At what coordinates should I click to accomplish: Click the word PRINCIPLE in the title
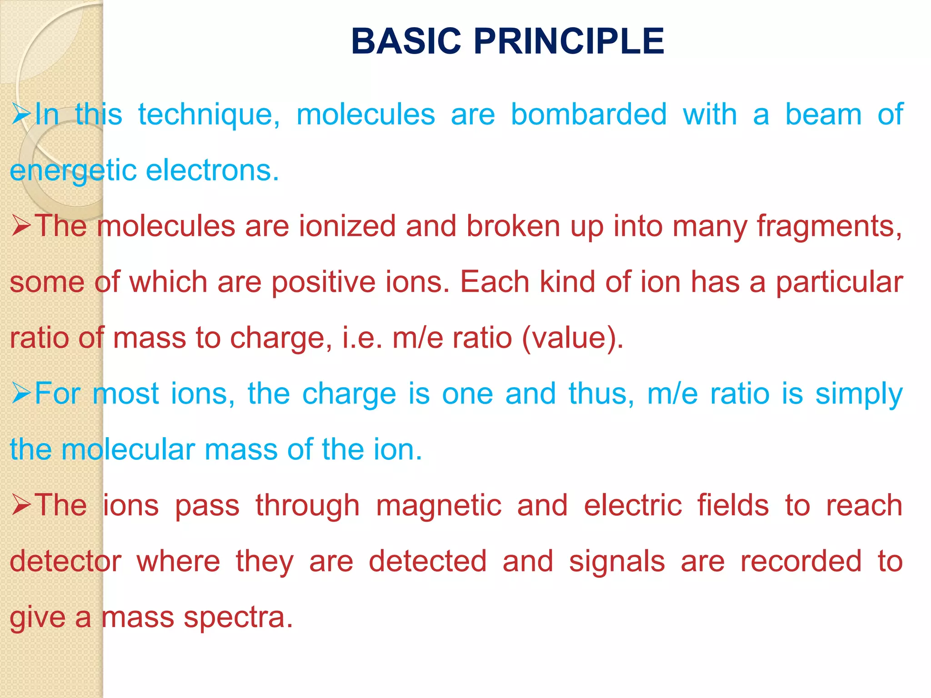[569, 41]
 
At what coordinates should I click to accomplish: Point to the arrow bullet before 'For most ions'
[21, 393]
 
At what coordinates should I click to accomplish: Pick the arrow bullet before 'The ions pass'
[21, 505]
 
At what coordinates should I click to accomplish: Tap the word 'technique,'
[209, 115]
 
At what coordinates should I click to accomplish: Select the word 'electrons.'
[212, 170]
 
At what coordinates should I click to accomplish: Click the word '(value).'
[573, 338]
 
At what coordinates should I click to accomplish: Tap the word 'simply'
[859, 394]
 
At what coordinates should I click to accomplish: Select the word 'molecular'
[128, 449]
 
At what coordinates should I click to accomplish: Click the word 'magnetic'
[439, 506]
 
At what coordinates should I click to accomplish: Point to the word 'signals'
[617, 562]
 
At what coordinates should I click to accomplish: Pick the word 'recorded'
[801, 561]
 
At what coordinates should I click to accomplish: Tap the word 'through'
[307, 506]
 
